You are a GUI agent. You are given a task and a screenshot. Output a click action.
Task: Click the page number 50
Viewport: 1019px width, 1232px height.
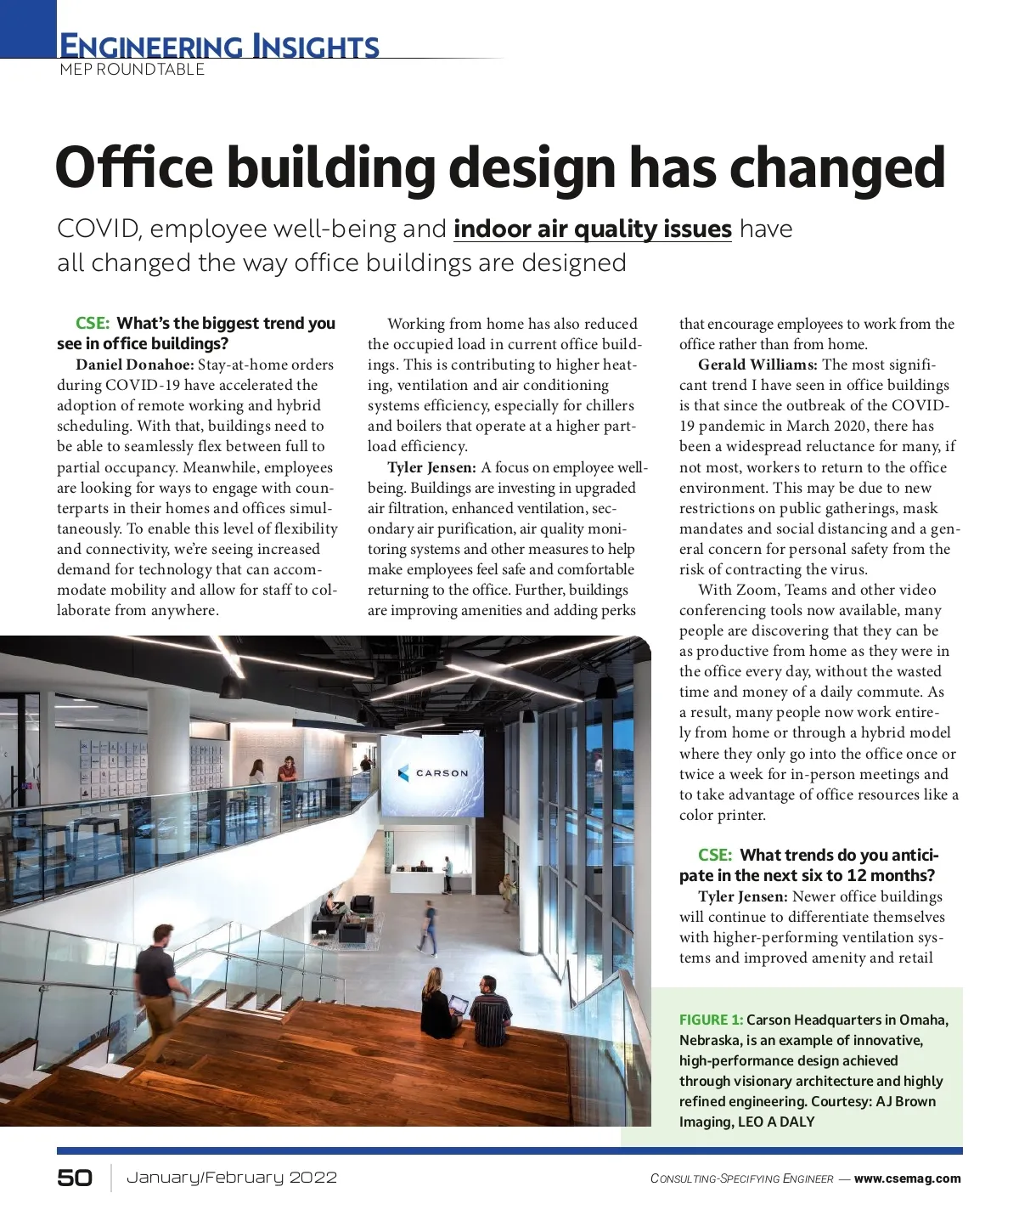(75, 1178)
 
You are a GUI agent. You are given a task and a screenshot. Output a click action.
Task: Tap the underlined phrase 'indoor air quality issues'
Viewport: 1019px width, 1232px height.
(592, 229)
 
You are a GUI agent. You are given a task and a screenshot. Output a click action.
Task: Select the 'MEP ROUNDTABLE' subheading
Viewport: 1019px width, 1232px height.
(132, 70)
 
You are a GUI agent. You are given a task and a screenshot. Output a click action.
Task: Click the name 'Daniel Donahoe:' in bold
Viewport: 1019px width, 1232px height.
(135, 365)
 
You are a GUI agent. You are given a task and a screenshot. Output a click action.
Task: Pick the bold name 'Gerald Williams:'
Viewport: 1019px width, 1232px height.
(757, 365)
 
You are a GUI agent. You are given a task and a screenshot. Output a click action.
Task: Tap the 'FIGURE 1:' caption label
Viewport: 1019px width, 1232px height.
(711, 1020)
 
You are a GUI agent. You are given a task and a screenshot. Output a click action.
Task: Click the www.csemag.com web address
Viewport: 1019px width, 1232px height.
(907, 1178)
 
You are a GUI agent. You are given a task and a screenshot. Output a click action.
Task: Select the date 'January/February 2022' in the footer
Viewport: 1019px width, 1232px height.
(232, 1178)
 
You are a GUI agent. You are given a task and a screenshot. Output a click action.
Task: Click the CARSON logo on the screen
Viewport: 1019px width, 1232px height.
(432, 773)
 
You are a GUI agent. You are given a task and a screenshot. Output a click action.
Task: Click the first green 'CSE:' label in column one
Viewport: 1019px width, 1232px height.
(93, 324)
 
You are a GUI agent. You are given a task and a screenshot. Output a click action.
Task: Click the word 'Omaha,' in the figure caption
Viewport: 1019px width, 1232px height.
(924, 1020)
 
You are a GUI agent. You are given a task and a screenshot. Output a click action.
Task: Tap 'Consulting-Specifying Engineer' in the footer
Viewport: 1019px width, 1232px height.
(741, 1178)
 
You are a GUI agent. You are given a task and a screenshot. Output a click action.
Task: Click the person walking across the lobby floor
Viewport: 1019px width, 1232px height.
(429, 927)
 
